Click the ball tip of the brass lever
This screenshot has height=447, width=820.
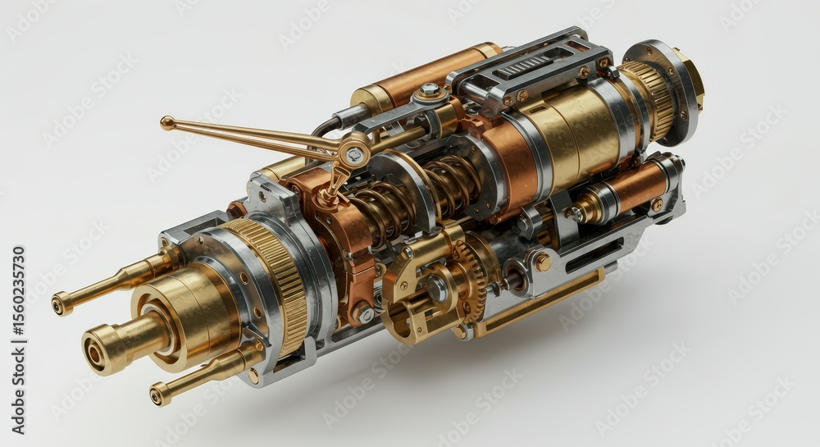tap(166, 123)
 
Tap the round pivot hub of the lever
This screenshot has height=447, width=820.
tap(355, 151)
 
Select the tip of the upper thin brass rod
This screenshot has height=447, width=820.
tap(61, 304)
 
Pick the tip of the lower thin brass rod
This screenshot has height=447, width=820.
tap(157, 396)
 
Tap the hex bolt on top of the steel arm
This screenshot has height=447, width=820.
tap(429, 89)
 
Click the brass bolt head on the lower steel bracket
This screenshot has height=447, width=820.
tap(542, 262)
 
